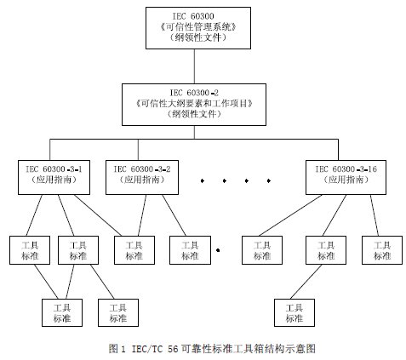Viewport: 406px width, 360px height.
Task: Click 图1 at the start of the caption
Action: pos(117,348)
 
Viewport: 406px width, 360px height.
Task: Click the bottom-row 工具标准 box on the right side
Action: pos(293,311)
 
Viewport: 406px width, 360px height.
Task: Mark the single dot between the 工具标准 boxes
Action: pos(219,250)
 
